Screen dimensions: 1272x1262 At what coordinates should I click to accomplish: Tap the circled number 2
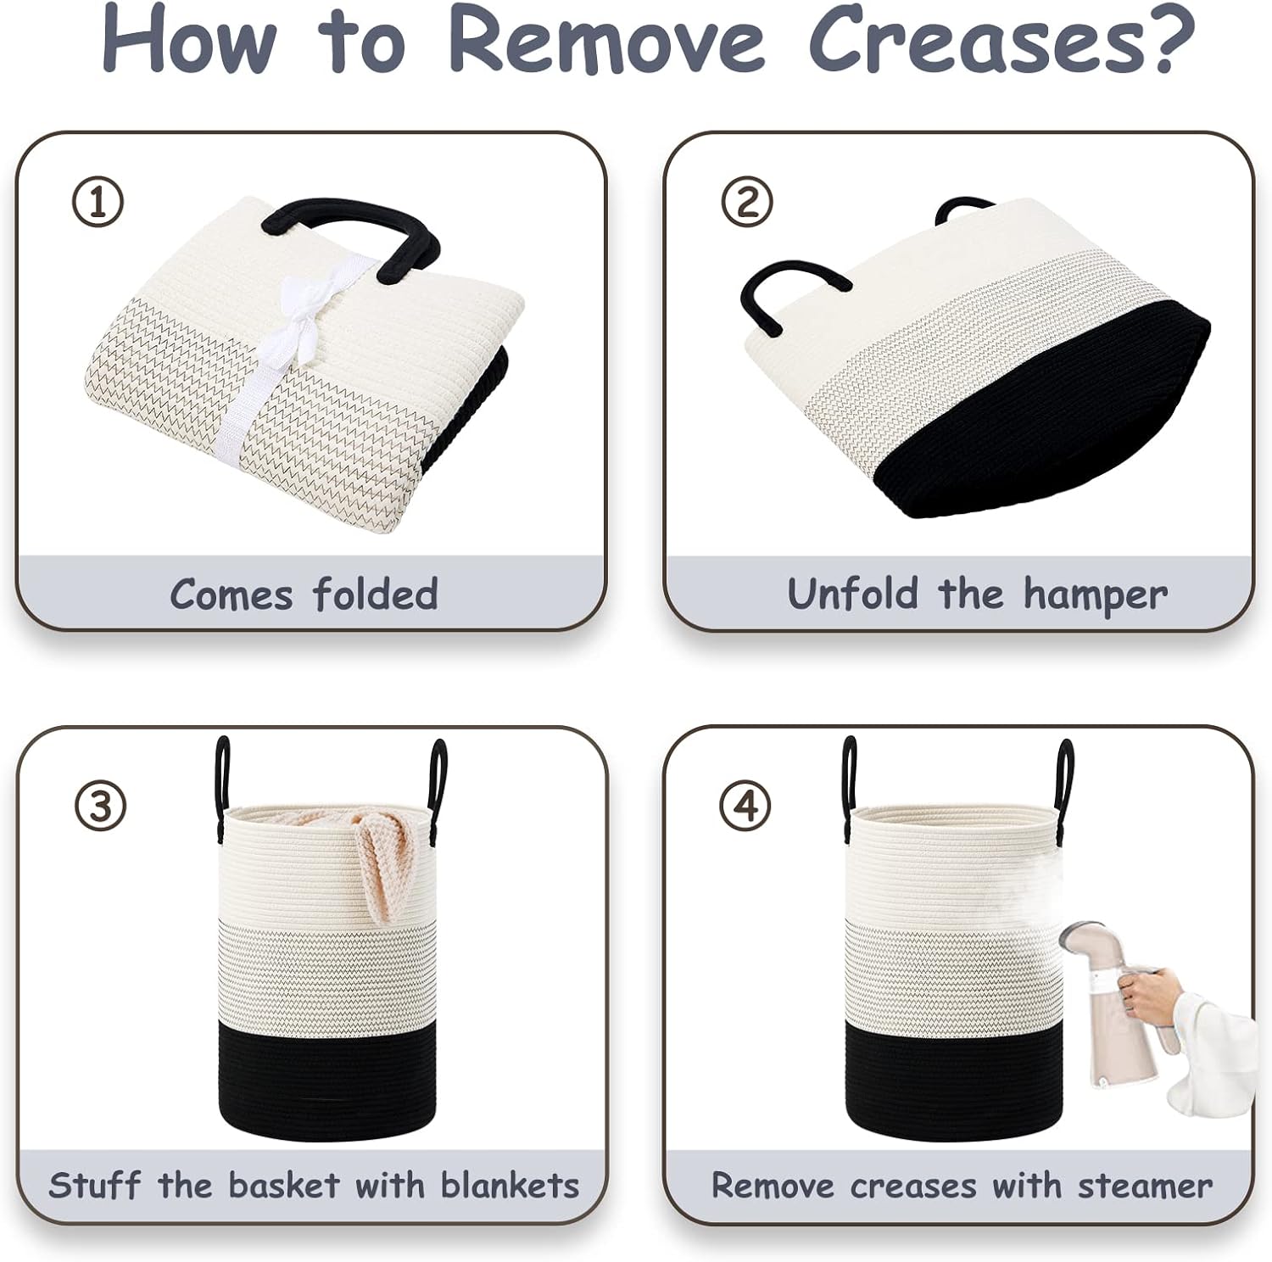[x=747, y=203]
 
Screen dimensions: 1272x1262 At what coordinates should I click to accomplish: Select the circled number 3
[x=100, y=806]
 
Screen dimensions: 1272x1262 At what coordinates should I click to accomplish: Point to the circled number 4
[x=746, y=806]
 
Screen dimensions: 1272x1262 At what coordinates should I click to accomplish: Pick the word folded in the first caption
[x=375, y=594]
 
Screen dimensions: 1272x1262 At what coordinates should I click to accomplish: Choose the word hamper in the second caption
[x=1095, y=595]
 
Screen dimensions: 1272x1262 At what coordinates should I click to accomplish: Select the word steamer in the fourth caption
[x=1145, y=1186]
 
